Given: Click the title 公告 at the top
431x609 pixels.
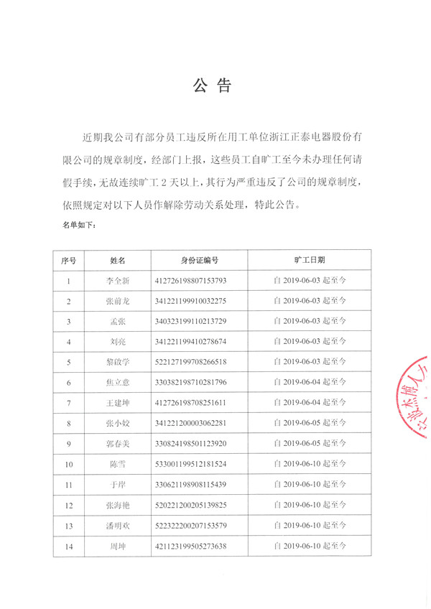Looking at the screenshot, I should point(213,87).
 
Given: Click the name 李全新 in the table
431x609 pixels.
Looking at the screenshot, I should point(117,280).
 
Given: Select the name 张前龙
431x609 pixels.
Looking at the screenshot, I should point(117,301).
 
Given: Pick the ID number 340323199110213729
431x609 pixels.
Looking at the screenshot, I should point(190,321).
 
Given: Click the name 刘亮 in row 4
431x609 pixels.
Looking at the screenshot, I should point(117,342).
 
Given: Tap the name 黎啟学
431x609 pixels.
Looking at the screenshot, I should point(117,362).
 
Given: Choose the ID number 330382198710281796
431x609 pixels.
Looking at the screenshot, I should point(190,383).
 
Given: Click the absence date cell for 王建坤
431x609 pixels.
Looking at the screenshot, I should point(310,403).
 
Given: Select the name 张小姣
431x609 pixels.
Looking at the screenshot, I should point(117,424).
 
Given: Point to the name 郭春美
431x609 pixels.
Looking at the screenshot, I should point(117,444).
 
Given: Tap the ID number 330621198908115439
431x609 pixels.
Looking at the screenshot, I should point(190,485).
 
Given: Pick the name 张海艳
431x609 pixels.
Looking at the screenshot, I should point(117,506).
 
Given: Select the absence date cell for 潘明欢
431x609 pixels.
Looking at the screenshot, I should point(310,526).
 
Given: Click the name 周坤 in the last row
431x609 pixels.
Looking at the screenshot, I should point(117,547).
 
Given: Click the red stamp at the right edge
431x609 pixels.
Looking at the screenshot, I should point(415,402).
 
